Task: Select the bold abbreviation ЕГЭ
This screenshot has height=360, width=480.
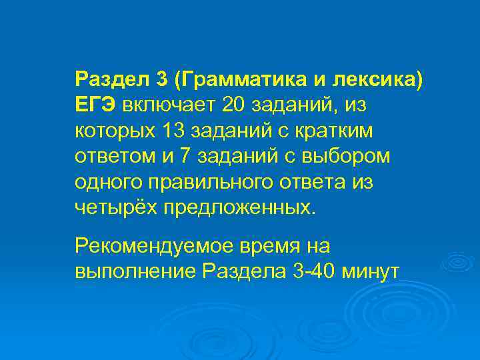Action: coord(96,105)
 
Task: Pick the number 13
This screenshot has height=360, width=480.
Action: coord(161,131)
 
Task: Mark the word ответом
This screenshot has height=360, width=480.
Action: coord(111,156)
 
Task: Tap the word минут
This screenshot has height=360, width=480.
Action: coord(369,272)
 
